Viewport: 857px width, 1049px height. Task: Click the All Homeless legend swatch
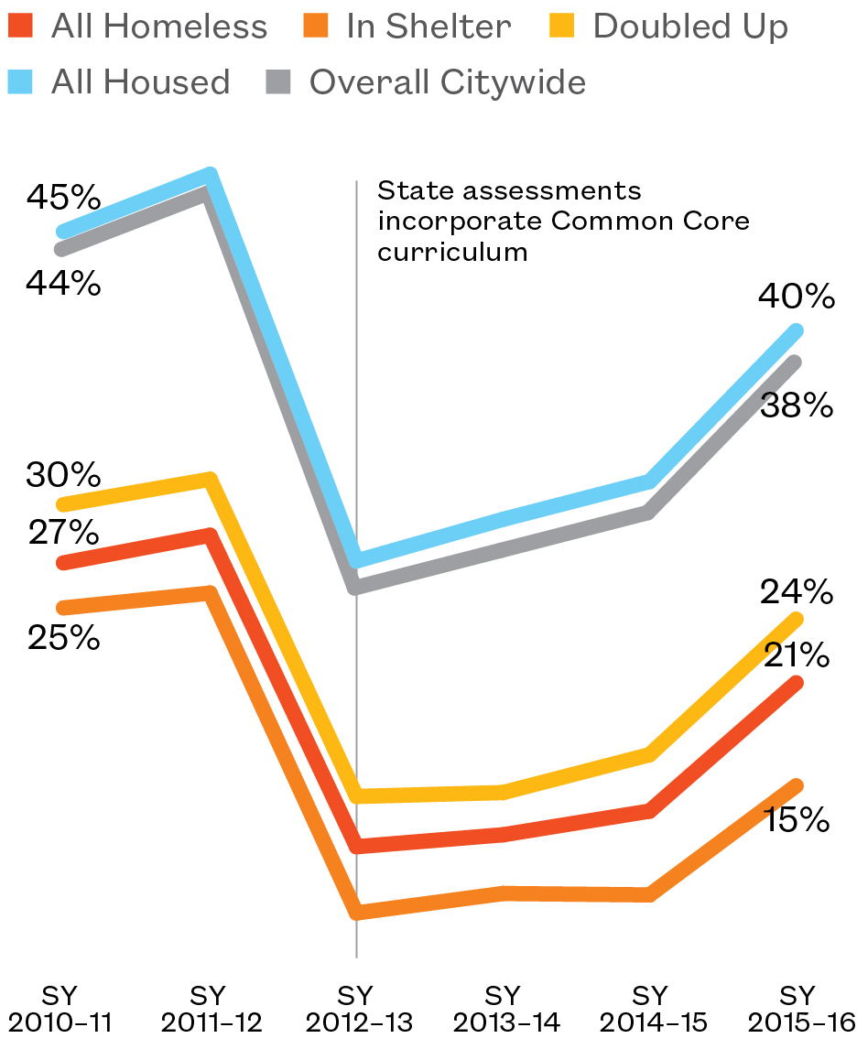tap(22, 27)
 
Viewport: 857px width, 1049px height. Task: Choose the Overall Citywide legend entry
tap(447, 82)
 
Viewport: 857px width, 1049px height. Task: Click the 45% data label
tap(62, 197)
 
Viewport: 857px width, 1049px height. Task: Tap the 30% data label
tap(62, 475)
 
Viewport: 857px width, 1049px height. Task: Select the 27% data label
tap(62, 532)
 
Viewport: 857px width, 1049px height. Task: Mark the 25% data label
tap(62, 638)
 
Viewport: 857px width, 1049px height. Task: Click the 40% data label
tap(796, 297)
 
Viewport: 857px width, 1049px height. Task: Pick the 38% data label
tap(796, 405)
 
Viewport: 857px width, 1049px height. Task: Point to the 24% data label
tap(796, 592)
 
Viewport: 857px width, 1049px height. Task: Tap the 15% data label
tap(796, 819)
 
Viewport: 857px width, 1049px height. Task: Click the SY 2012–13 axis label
tap(356, 1009)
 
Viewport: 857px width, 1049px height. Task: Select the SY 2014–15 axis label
tap(650, 1009)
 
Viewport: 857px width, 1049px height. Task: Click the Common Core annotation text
tap(562, 222)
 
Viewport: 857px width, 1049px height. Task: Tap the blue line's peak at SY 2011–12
tap(211, 175)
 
